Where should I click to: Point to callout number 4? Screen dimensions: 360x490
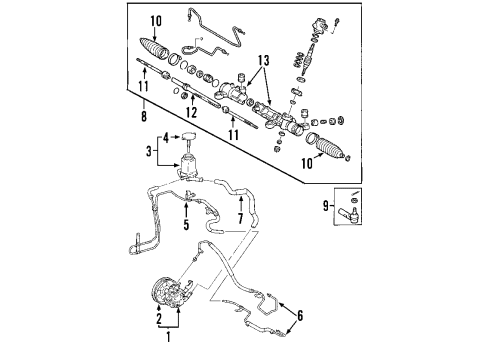pos(166,140)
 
